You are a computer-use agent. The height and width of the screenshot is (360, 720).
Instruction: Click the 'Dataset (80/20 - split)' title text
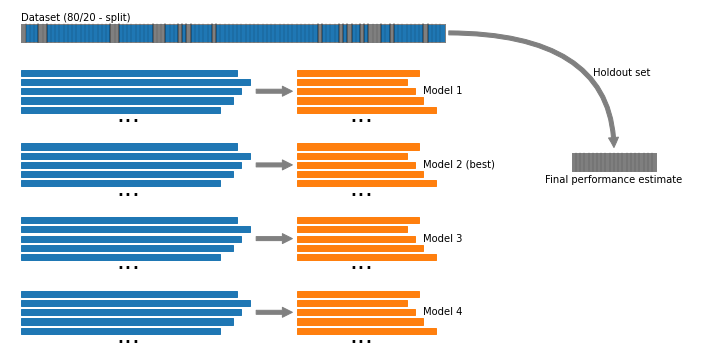pyautogui.click(x=76, y=17)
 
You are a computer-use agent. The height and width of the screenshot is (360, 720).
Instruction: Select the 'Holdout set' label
pyautogui.click(x=621, y=73)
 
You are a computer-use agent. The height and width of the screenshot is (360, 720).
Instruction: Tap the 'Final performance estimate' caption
pyautogui.click(x=613, y=180)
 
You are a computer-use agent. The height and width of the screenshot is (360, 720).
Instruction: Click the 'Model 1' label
pyautogui.click(x=442, y=90)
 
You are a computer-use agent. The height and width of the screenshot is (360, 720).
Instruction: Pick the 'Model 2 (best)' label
pyautogui.click(x=459, y=164)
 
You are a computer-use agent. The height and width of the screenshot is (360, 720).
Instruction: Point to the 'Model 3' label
pyautogui.click(x=442, y=238)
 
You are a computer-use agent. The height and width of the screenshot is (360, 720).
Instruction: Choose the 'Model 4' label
pyautogui.click(x=442, y=311)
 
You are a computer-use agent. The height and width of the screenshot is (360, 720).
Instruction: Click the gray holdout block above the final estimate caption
pyautogui.click(x=614, y=163)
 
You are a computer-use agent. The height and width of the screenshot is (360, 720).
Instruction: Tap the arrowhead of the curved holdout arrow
pyautogui.click(x=613, y=142)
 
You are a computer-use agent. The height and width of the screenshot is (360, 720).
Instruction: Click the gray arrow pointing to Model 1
pyautogui.click(x=274, y=91)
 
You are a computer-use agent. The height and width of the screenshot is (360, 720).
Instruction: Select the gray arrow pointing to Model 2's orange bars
pyautogui.click(x=274, y=165)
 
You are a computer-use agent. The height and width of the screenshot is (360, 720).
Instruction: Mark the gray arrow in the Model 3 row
pyautogui.click(x=274, y=239)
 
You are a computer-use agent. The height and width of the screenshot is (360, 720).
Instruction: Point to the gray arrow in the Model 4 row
pyautogui.click(x=274, y=312)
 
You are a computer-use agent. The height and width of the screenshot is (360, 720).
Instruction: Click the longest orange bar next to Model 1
pyautogui.click(x=367, y=110)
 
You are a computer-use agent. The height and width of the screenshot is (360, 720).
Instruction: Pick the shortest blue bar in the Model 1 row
pyautogui.click(x=121, y=110)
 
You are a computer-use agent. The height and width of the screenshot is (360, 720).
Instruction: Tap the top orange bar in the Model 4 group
pyautogui.click(x=358, y=294)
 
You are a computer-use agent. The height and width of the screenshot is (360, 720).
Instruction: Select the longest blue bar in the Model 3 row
pyautogui.click(x=136, y=230)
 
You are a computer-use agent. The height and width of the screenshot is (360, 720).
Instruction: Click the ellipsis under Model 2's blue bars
pyautogui.click(x=128, y=195)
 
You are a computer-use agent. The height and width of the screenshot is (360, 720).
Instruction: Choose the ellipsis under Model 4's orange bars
pyautogui.click(x=361, y=342)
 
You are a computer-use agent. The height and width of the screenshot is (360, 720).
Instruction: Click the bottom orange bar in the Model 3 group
pyautogui.click(x=367, y=258)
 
